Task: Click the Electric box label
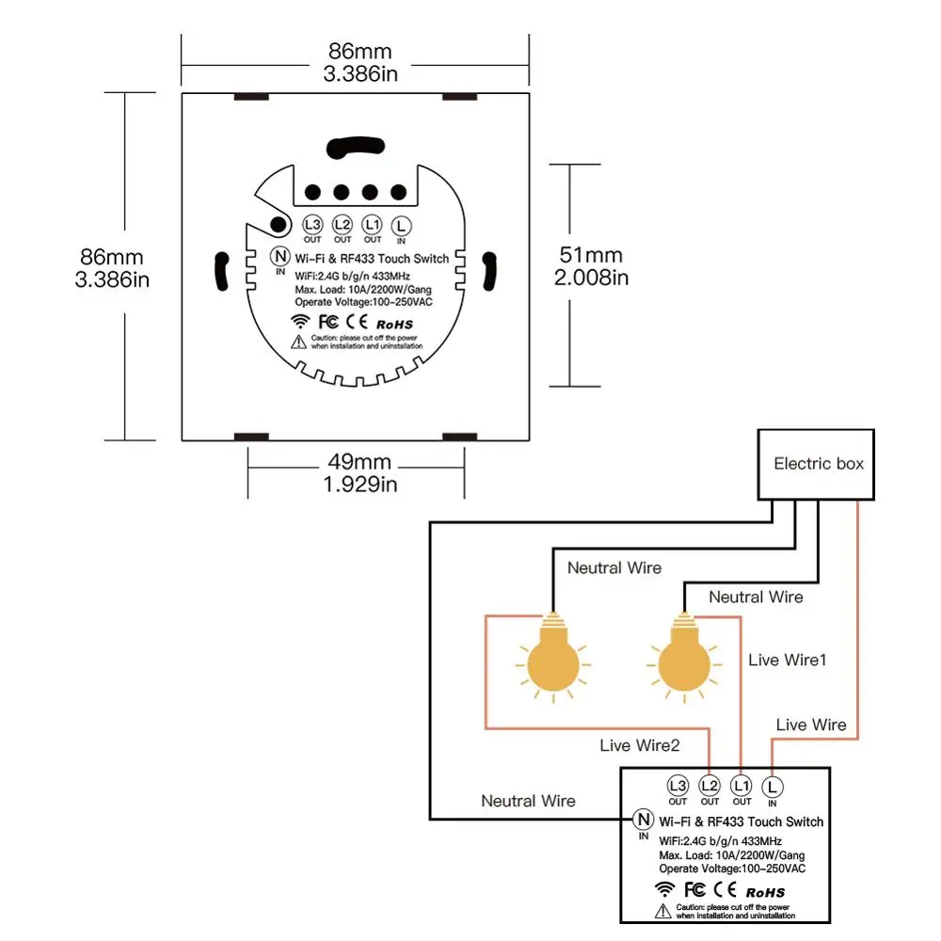[818, 464]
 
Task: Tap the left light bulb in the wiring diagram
[553, 657]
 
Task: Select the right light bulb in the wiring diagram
[684, 657]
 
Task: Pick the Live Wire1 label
[788, 661]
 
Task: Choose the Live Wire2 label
[640, 745]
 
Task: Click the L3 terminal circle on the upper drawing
[312, 225]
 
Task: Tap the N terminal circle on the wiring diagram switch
[644, 820]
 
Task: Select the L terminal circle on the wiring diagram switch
[773, 787]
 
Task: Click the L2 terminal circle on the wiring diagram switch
[710, 786]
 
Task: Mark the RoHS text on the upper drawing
[394, 325]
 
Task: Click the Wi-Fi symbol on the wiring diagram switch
[664, 889]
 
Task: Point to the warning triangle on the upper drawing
[299, 343]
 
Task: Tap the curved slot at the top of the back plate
[356, 148]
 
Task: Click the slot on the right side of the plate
[489, 271]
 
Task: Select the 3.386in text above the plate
[360, 73]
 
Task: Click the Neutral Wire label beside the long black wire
[528, 801]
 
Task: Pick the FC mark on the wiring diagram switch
[694, 889]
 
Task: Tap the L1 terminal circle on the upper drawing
[372, 225]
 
